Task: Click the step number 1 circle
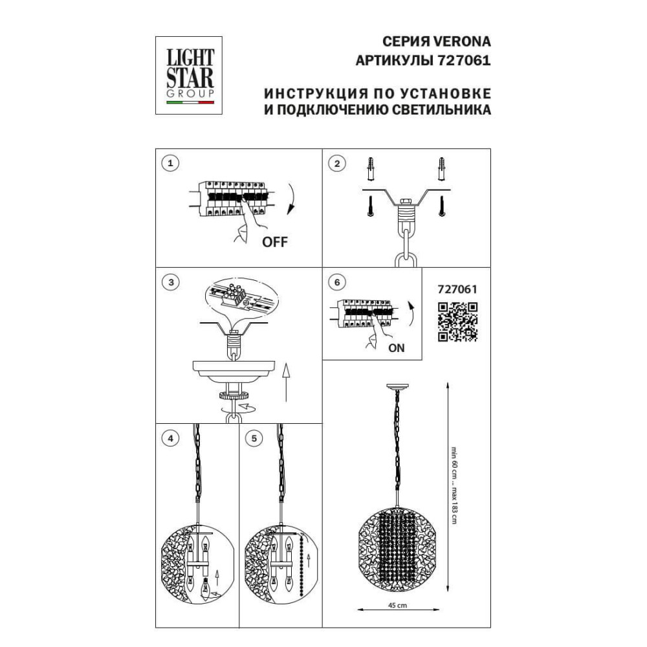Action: pyautogui.click(x=170, y=163)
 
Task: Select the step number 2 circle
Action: pyautogui.click(x=337, y=164)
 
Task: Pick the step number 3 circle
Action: pyautogui.click(x=171, y=282)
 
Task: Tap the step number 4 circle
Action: pyautogui.click(x=171, y=438)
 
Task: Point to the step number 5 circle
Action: pyautogui.click(x=254, y=438)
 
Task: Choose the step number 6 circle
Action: pyautogui.click(x=337, y=282)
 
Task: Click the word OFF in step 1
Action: pyautogui.click(x=275, y=242)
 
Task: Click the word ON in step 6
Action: pyautogui.click(x=397, y=348)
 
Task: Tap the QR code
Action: pyautogui.click(x=457, y=322)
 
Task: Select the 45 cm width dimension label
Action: pyautogui.click(x=397, y=606)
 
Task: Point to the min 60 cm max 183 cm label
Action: pyautogui.click(x=454, y=485)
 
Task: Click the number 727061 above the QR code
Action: pyautogui.click(x=457, y=289)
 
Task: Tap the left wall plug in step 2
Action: pyautogui.click(x=371, y=168)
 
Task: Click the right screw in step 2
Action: pyautogui.click(x=442, y=206)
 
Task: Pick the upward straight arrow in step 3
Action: pyautogui.click(x=286, y=382)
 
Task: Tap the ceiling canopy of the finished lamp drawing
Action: pyautogui.click(x=397, y=387)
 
